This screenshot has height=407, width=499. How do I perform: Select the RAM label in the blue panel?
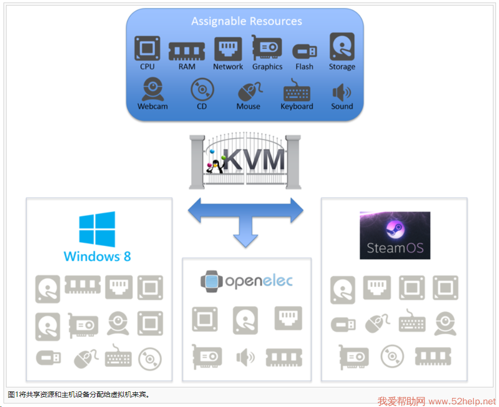pyautogui.click(x=187, y=66)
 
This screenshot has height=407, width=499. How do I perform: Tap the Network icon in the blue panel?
pyautogui.click(x=228, y=49)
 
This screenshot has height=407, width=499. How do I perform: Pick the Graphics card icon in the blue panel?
pyautogui.click(x=267, y=48)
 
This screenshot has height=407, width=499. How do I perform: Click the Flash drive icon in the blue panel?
pyautogui.click(x=304, y=51)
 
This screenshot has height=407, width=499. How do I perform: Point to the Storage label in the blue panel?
pyautogui.click(x=342, y=66)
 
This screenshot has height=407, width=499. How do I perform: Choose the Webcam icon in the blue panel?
pyautogui.click(x=152, y=90)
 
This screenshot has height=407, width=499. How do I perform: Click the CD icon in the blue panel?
pyautogui.click(x=202, y=90)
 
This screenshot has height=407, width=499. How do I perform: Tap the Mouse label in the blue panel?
pyautogui.click(x=248, y=106)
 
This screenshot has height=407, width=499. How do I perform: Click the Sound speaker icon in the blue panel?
pyautogui.click(x=342, y=92)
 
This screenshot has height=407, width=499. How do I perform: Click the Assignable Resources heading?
pyautogui.click(x=246, y=22)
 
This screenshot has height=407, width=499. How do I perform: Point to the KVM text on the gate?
pyautogui.click(x=254, y=159)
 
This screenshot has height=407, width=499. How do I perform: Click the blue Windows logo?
pyautogui.click(x=97, y=229)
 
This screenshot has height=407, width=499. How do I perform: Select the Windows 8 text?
pyautogui.click(x=97, y=256)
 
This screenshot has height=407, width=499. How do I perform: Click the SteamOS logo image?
pyautogui.click(x=395, y=235)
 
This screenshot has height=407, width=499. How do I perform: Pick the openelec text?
pyautogui.click(x=258, y=281)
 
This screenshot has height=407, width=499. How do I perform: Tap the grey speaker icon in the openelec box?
pyautogui.click(x=245, y=358)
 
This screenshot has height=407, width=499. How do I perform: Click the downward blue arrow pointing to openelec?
pyautogui.click(x=245, y=234)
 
